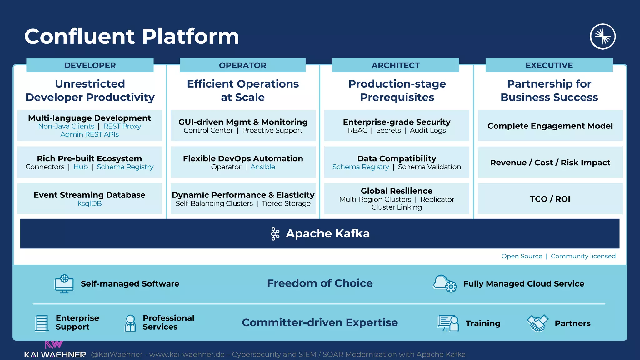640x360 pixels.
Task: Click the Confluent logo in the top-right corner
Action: (x=602, y=37)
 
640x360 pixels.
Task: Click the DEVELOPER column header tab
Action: (x=90, y=65)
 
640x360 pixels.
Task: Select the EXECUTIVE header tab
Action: (x=549, y=65)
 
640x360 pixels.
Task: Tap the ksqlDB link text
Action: (x=90, y=203)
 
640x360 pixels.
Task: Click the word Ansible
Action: (x=262, y=167)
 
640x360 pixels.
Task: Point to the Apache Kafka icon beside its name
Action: (x=275, y=234)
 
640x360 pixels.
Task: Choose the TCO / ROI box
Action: (x=550, y=199)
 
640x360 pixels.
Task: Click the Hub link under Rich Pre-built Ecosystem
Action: (x=81, y=167)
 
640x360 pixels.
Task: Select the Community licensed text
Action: (x=583, y=256)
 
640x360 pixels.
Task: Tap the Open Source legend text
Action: (x=522, y=256)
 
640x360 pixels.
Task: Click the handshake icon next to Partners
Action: (x=537, y=323)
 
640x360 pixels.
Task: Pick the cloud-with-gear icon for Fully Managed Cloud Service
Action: (x=444, y=283)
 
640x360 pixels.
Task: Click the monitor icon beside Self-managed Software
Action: (x=64, y=284)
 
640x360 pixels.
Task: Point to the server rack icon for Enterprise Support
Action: (x=42, y=323)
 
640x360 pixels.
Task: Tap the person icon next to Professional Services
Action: (x=130, y=323)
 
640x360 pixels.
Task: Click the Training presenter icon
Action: (x=448, y=323)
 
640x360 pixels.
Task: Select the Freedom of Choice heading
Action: (x=320, y=283)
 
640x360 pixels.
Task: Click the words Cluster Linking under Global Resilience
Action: (x=397, y=207)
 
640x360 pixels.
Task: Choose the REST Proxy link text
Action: (x=122, y=126)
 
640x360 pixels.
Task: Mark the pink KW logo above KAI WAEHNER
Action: (x=54, y=344)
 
